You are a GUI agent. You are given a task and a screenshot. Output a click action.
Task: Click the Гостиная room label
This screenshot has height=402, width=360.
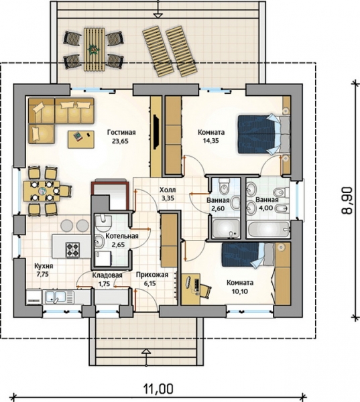(121, 133)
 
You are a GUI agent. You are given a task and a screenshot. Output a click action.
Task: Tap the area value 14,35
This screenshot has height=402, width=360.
(211, 141)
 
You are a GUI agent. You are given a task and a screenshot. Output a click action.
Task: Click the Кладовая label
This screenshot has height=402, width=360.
(107, 275)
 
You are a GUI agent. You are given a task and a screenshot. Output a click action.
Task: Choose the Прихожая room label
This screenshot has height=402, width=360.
(152, 275)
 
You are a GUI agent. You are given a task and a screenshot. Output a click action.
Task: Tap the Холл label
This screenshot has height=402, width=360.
(168, 190)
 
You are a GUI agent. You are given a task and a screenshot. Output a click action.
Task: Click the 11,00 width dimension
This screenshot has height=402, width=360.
(158, 389)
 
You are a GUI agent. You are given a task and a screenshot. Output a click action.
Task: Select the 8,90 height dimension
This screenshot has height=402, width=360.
(347, 200)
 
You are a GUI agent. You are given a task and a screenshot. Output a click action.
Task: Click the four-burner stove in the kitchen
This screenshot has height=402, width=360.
(72, 250)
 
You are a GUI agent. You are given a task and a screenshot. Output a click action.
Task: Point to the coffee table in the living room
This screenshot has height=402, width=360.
(81, 139)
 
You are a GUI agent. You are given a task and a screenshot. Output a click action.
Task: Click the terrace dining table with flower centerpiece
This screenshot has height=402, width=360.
(94, 50)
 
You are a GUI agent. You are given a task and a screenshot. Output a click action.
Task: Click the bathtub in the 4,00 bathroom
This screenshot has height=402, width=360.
(268, 230)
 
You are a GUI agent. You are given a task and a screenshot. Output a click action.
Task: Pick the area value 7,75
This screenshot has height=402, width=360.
(43, 274)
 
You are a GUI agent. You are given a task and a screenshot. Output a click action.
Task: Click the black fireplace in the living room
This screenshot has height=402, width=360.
(156, 132)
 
